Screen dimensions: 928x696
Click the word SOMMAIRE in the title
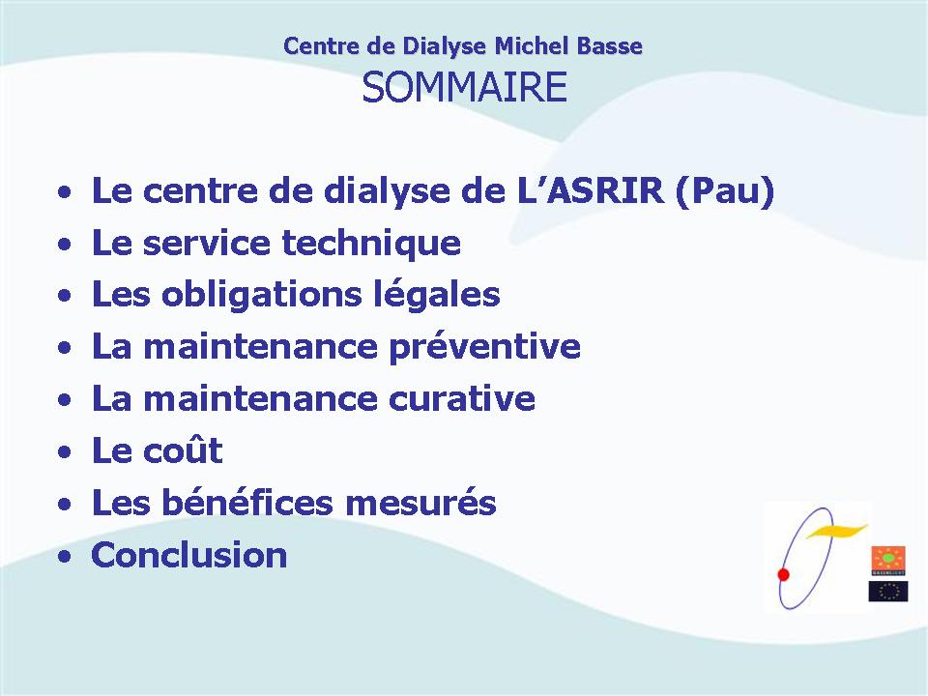click(465, 87)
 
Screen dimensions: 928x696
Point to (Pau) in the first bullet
click(725, 192)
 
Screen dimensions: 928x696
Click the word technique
click(371, 245)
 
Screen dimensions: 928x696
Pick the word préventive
click(484, 348)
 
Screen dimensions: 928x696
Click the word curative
click(462, 398)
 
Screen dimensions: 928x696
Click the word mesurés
click(420, 503)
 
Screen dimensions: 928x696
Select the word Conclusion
click(189, 555)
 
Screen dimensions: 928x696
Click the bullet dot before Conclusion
click(65, 557)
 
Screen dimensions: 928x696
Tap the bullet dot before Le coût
click(65, 452)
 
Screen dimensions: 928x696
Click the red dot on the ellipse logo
click(784, 574)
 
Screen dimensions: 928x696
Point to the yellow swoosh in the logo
click(836, 531)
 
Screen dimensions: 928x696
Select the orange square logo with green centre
click(887, 561)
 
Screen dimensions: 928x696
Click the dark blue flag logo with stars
click(888, 592)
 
